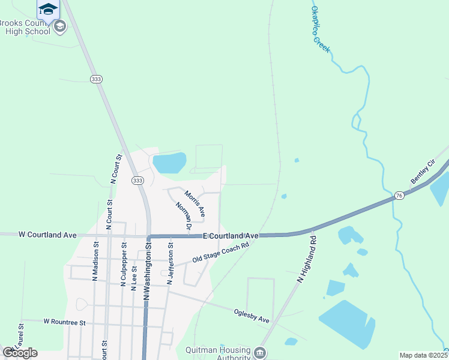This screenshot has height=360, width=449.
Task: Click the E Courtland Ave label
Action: [231, 236]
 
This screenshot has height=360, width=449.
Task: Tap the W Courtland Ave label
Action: [47, 235]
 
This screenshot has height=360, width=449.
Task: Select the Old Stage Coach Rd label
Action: [220, 252]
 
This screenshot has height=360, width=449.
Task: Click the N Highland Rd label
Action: [306, 259]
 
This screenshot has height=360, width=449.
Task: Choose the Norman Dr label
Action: [183, 217]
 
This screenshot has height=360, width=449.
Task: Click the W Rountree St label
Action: [64, 322]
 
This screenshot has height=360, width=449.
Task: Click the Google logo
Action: [20, 353]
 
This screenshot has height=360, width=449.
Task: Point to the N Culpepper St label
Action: [124, 265]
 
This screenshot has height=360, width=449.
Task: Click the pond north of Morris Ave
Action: [169, 163]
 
